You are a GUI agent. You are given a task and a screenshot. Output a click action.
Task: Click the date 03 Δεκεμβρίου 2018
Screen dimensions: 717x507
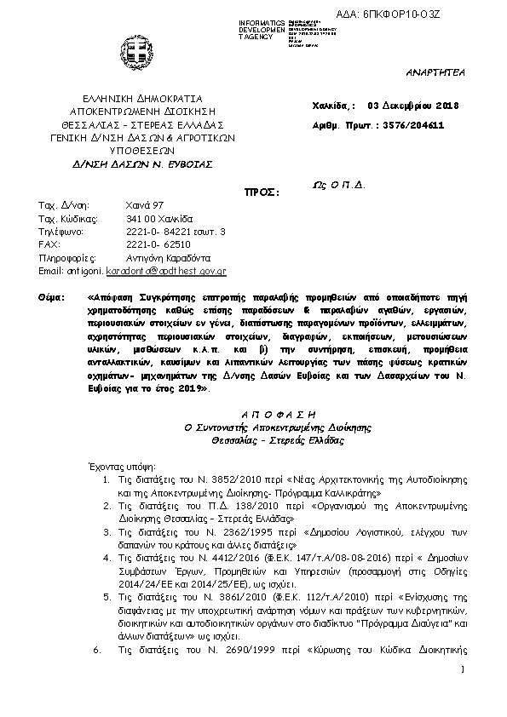pyautogui.click(x=412, y=106)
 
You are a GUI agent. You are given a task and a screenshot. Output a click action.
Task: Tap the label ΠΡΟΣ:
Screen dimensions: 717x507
pyautogui.click(x=262, y=192)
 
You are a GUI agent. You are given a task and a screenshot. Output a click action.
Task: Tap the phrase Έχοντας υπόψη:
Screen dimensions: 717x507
pyautogui.click(x=121, y=467)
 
